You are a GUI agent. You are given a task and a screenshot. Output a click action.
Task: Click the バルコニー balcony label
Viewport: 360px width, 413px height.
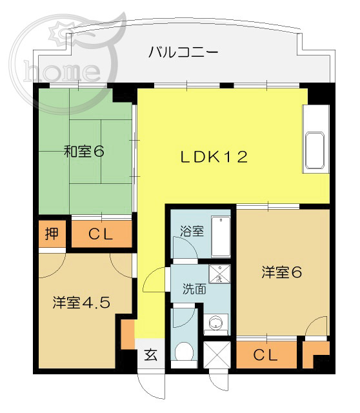tap(183, 52)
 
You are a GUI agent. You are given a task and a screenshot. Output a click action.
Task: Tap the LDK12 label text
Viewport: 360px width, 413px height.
tap(214, 157)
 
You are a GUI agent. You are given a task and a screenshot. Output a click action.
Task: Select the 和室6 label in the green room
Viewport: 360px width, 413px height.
tap(85, 152)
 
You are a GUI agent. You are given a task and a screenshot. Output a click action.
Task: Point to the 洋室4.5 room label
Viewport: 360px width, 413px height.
tap(81, 303)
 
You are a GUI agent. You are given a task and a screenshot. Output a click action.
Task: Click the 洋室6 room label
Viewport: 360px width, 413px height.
tap(281, 272)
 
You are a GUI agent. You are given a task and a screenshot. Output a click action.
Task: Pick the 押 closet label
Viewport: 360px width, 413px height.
tap(52, 234)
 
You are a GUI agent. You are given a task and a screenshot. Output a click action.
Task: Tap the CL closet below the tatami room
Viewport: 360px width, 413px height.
tap(101, 234)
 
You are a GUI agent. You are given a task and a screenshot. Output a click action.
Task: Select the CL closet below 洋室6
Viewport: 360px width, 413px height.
tap(266, 354)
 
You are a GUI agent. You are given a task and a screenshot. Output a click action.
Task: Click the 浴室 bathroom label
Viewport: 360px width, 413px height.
tap(192, 231)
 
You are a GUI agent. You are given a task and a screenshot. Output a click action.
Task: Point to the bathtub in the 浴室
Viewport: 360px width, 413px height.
tap(221, 237)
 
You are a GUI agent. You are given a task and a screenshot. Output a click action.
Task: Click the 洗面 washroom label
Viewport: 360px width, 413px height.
tap(194, 289)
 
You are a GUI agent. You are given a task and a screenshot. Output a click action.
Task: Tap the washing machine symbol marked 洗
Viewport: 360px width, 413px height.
tap(219, 274)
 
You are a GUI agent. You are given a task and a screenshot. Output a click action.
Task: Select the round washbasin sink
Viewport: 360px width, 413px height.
tap(216, 322)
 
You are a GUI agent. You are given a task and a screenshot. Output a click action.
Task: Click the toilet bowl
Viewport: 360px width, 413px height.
tap(184, 352)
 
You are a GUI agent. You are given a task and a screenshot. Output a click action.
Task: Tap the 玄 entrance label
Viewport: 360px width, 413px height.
tap(150, 354)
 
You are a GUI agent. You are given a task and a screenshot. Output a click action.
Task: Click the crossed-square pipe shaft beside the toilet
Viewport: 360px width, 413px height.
tap(217, 355)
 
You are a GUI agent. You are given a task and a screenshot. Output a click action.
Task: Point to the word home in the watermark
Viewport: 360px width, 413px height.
tap(62, 70)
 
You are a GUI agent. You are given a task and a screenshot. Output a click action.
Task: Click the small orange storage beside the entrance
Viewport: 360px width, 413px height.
tap(128, 334)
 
